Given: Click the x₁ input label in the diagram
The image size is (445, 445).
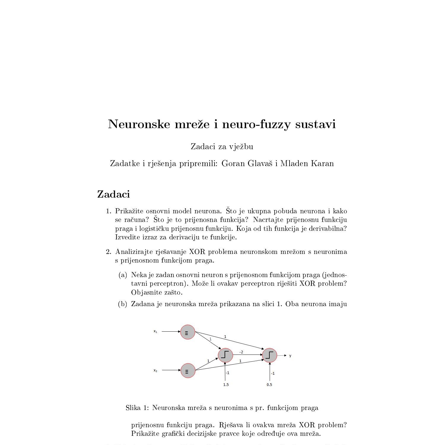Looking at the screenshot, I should (x=155, y=331).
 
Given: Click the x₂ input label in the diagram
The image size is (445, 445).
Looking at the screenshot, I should (x=155, y=370).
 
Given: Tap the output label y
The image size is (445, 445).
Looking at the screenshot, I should (x=290, y=356).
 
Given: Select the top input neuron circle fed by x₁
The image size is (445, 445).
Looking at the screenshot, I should (x=187, y=332).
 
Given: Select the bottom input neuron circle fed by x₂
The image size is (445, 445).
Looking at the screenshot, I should (x=188, y=371).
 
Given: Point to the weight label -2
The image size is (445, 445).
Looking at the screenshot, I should (x=241, y=352).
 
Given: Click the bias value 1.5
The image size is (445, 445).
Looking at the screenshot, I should (x=226, y=385).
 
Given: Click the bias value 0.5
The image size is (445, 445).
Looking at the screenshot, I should (x=269, y=385).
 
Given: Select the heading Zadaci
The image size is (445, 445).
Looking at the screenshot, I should (x=113, y=194).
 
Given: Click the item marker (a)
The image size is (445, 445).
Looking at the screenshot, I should (x=123, y=275).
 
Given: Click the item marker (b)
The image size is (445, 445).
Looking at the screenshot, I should (x=123, y=304).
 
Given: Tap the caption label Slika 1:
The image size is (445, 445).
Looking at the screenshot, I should (x=137, y=408).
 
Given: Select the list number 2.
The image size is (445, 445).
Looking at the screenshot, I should (x=108, y=252).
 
